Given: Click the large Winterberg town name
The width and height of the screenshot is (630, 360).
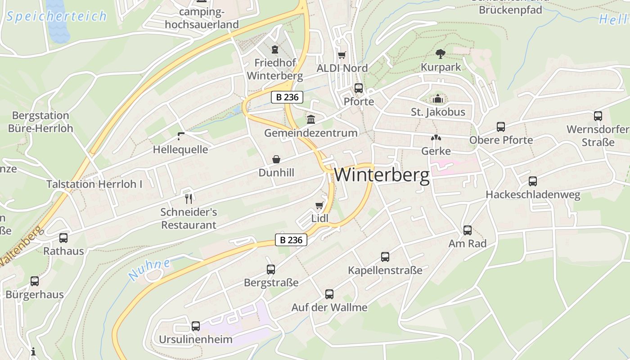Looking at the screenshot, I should pyautogui.click(x=382, y=175).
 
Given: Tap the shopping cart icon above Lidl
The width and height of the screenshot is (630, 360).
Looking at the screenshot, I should pyautogui.click(x=319, y=206).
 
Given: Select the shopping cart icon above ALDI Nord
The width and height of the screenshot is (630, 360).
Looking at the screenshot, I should pyautogui.click(x=342, y=55).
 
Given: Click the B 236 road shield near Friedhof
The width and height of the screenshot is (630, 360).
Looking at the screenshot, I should pyautogui.click(x=287, y=97).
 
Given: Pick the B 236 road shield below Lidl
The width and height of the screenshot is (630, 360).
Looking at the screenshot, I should pyautogui.click(x=291, y=240).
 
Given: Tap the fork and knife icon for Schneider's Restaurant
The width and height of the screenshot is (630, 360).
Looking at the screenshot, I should pyautogui.click(x=189, y=198).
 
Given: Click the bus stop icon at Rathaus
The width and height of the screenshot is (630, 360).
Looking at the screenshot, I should pyautogui.click(x=63, y=238).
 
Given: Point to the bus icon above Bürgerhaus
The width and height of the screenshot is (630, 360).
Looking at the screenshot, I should pyautogui.click(x=35, y=281).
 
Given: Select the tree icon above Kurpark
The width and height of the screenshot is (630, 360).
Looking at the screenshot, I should pyautogui.click(x=441, y=54).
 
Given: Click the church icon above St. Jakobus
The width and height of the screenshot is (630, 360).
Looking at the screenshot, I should pyautogui.click(x=438, y=99).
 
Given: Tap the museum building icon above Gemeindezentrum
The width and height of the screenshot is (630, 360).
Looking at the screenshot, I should pyautogui.click(x=310, y=120).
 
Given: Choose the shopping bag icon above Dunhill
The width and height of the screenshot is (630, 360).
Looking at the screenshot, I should pyautogui.click(x=276, y=159).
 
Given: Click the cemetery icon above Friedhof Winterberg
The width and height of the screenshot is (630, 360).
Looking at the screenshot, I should pyautogui.click(x=274, y=49).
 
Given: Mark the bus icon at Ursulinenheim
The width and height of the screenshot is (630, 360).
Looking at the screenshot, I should pyautogui.click(x=195, y=326).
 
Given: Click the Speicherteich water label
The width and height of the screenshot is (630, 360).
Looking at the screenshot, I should pyautogui.click(x=57, y=17).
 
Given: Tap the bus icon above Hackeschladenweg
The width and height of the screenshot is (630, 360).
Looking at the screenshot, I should pyautogui.click(x=533, y=181).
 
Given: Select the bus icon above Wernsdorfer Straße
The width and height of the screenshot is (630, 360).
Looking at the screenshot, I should pyautogui.click(x=598, y=116).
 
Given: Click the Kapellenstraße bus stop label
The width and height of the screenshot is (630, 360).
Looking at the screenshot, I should pyautogui.click(x=385, y=270).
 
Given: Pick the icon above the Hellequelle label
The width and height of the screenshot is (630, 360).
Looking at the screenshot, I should pyautogui.click(x=181, y=136).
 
